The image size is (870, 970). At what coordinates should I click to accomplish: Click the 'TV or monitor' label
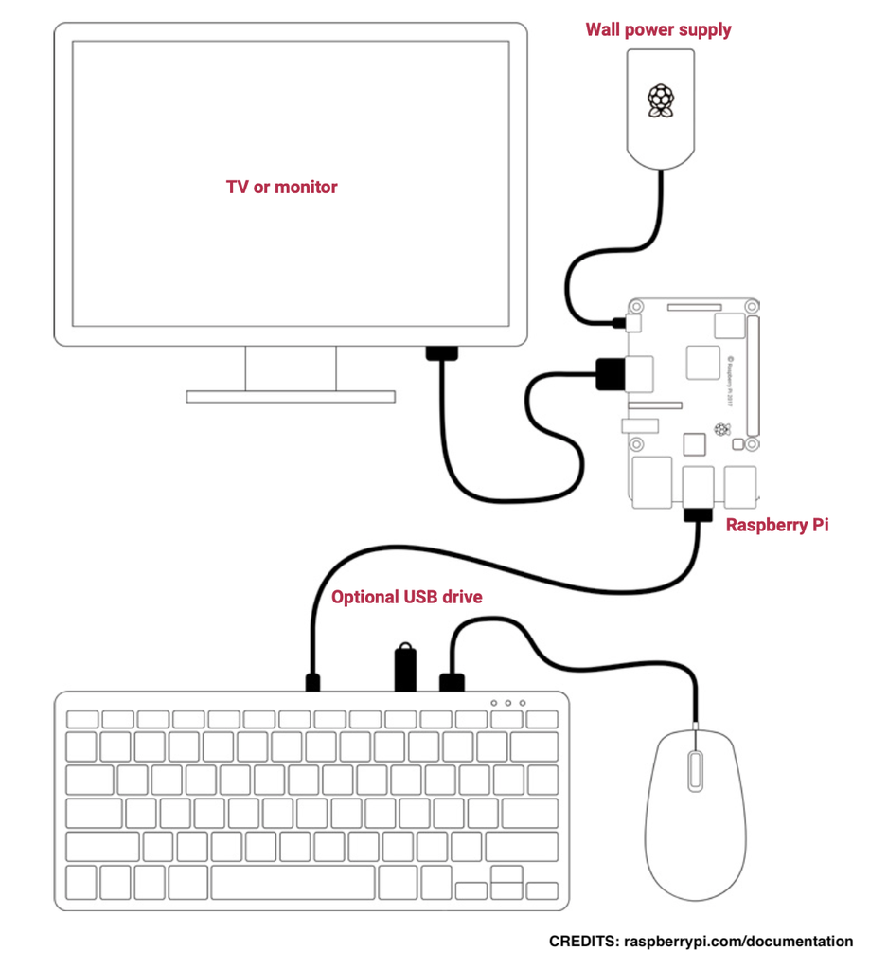[281, 187]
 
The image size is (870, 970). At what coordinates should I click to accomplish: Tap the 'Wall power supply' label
[658, 29]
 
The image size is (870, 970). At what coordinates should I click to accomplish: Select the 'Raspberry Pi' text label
[776, 524]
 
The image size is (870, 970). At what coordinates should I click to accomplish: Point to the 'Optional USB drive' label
[406, 597]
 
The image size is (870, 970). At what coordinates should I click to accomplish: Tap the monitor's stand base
[290, 396]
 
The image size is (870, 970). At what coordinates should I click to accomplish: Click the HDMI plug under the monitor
[441, 355]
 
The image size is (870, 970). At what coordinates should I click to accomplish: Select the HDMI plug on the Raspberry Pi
[612, 374]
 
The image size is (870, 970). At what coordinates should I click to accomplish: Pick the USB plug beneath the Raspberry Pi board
[699, 515]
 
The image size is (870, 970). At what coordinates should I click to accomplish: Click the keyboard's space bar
[293, 883]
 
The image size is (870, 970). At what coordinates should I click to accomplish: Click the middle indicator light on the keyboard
[508, 703]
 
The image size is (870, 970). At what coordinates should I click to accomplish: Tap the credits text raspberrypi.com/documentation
[737, 942]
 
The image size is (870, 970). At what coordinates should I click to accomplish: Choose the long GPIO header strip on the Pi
[753, 379]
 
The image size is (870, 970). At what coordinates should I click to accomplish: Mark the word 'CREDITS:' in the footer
[584, 942]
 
